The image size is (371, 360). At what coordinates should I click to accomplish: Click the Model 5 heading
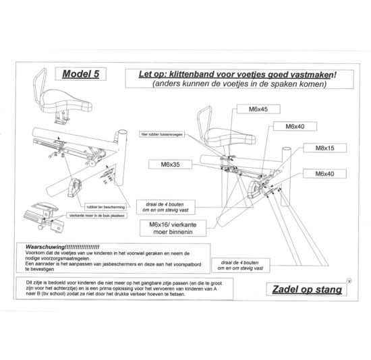pos(80,74)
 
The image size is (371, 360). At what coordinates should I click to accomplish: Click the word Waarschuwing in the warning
pos(46,247)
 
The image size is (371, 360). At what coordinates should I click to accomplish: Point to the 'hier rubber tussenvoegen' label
pos(162,133)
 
